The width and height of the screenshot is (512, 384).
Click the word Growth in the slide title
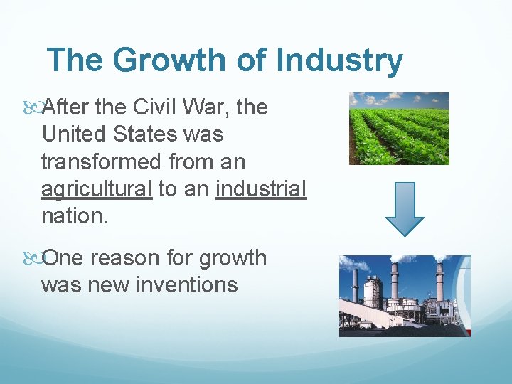[x=168, y=61]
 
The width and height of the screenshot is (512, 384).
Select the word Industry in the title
[x=338, y=61]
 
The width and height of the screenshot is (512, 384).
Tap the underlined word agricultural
[x=97, y=189]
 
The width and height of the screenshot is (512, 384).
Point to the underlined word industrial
[x=260, y=189]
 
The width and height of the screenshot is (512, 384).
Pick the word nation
[x=74, y=216]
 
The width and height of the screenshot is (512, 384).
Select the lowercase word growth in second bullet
[x=232, y=258]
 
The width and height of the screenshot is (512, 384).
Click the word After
[x=69, y=107]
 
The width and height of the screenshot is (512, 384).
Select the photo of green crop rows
[x=399, y=128]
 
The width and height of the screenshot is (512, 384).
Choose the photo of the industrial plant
[x=404, y=295]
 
